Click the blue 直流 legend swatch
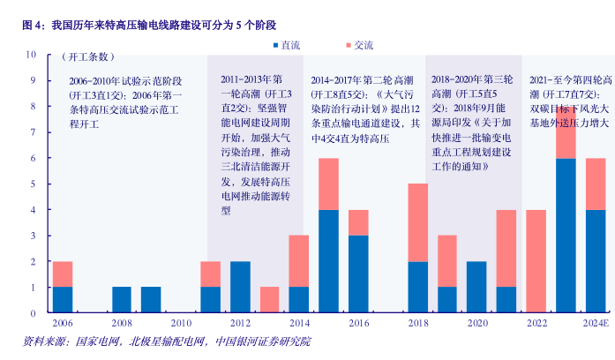[x=274, y=43]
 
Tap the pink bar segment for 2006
[x=63, y=274]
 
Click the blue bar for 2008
[x=122, y=299]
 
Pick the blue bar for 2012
[x=240, y=287]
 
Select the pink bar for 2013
[x=269, y=299]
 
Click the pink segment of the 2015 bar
[x=328, y=184]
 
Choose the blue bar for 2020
[x=476, y=287]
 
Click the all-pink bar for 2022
[x=536, y=261]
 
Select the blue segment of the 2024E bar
[x=596, y=261]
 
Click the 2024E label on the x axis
[x=596, y=324]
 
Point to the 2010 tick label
[x=181, y=324]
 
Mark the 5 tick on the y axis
[x=33, y=184]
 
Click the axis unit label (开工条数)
[x=87, y=57]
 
